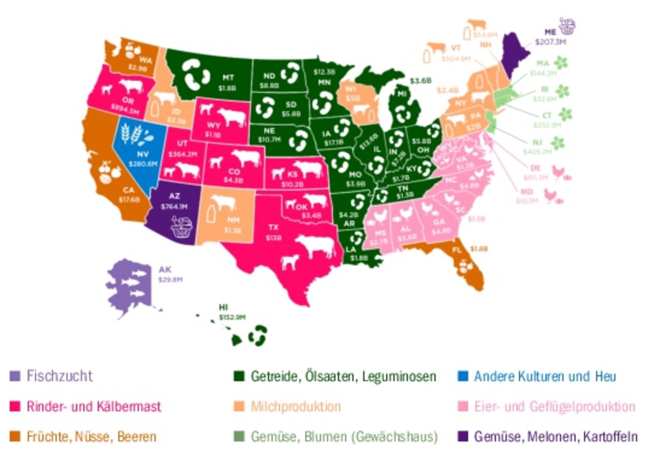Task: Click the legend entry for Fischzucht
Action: point(59,376)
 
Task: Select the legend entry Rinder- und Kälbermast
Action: point(93,407)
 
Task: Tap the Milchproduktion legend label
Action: point(295,407)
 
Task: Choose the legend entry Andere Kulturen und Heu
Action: point(544,376)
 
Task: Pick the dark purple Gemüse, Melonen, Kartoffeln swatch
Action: point(462,437)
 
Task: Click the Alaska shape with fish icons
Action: point(130,284)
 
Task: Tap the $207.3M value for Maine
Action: point(550,42)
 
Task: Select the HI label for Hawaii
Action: point(224,308)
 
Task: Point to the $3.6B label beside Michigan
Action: point(420,81)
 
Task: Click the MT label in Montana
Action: point(228,78)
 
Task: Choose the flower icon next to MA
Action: point(561,63)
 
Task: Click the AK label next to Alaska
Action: point(165,270)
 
